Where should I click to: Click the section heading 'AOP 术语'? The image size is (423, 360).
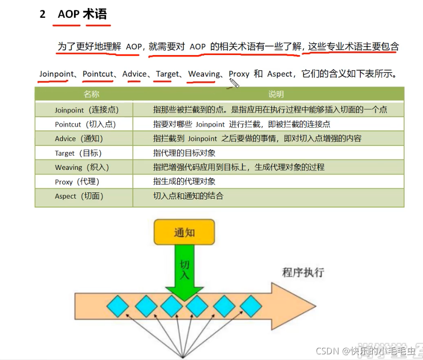click(82, 14)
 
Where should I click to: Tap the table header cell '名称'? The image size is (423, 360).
click(91, 94)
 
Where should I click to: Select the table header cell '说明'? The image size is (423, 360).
click(276, 94)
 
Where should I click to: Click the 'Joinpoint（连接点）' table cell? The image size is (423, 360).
click(87, 110)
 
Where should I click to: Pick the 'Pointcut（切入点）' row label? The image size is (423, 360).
click(85, 124)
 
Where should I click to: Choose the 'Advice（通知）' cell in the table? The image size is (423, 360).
click(79, 139)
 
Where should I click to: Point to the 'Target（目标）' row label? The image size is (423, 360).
click(78, 153)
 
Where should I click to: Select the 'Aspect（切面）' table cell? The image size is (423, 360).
click(79, 196)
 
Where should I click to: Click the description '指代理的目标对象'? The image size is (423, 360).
click(184, 153)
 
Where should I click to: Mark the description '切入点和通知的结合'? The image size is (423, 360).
click(188, 196)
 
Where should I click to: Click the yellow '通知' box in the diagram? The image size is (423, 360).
click(184, 232)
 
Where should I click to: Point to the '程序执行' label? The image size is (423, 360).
click(303, 272)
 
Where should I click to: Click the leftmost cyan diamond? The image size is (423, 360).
click(117, 306)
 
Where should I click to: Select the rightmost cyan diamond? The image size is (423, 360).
click(251, 306)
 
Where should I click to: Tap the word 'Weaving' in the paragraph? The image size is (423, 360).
click(204, 74)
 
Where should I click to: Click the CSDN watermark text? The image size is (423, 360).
click(365, 351)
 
